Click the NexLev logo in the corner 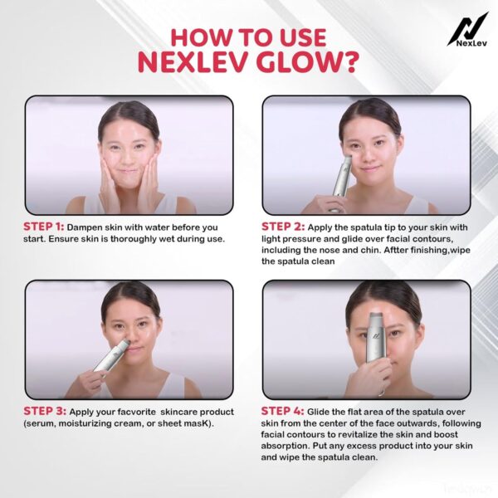[x=467, y=30]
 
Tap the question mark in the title [x=350, y=62]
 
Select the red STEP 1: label [x=44, y=227]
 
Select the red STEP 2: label [x=283, y=227]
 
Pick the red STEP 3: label [x=45, y=411]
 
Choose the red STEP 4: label [x=282, y=411]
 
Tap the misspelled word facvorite [x=137, y=412]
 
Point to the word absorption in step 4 [x=285, y=447]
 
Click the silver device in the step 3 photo [x=111, y=355]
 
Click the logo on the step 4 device [x=377, y=335]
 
